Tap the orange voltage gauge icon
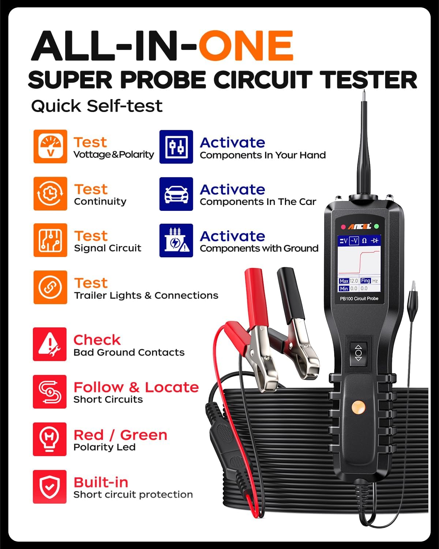[x=50, y=146]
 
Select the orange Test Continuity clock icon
[x=50, y=194]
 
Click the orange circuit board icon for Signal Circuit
[x=50, y=240]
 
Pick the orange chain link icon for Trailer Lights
[x=50, y=287]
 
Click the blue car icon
[x=176, y=194]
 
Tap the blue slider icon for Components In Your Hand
[x=176, y=147]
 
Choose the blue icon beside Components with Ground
[x=176, y=240]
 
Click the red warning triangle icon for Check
[x=50, y=344]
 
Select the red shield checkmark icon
[x=50, y=487]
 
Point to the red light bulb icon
[x=50, y=439]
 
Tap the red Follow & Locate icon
[x=50, y=392]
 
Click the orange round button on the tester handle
[x=358, y=406]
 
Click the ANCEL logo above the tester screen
[x=359, y=227]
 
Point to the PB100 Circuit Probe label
[x=359, y=299]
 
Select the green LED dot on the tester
[x=376, y=227]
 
